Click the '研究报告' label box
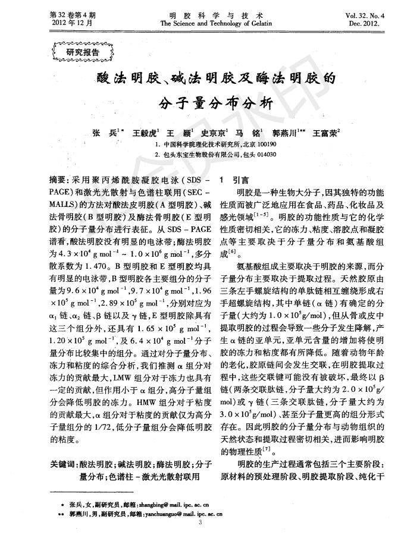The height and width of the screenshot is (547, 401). pos(78,52)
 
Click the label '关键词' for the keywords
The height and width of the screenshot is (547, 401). pos(62,464)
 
